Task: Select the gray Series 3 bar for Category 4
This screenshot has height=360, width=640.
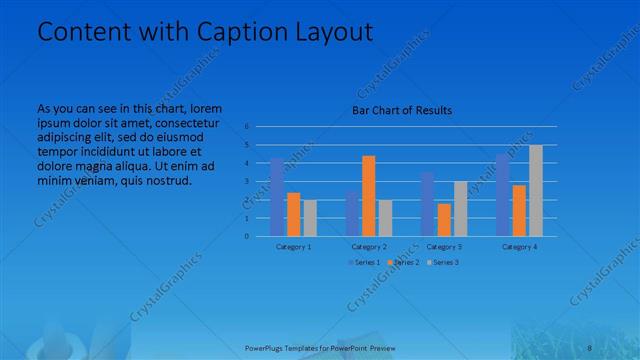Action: point(536,191)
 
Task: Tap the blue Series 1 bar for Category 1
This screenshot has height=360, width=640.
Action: point(277,197)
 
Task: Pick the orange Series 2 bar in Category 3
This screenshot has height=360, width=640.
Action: point(444,220)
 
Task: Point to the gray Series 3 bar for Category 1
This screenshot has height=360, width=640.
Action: point(310,218)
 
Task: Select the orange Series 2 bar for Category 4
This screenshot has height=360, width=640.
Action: point(519,210)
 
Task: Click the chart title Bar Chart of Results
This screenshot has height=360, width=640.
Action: point(402,110)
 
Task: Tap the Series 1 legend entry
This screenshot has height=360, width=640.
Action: point(362,262)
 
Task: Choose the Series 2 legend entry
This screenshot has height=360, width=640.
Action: point(402,262)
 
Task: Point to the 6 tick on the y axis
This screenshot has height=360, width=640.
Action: point(246,127)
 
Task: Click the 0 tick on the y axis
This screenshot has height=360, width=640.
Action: point(246,237)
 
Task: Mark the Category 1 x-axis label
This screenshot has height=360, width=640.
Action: point(293,246)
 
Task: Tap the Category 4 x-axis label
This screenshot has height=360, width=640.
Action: point(519,246)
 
